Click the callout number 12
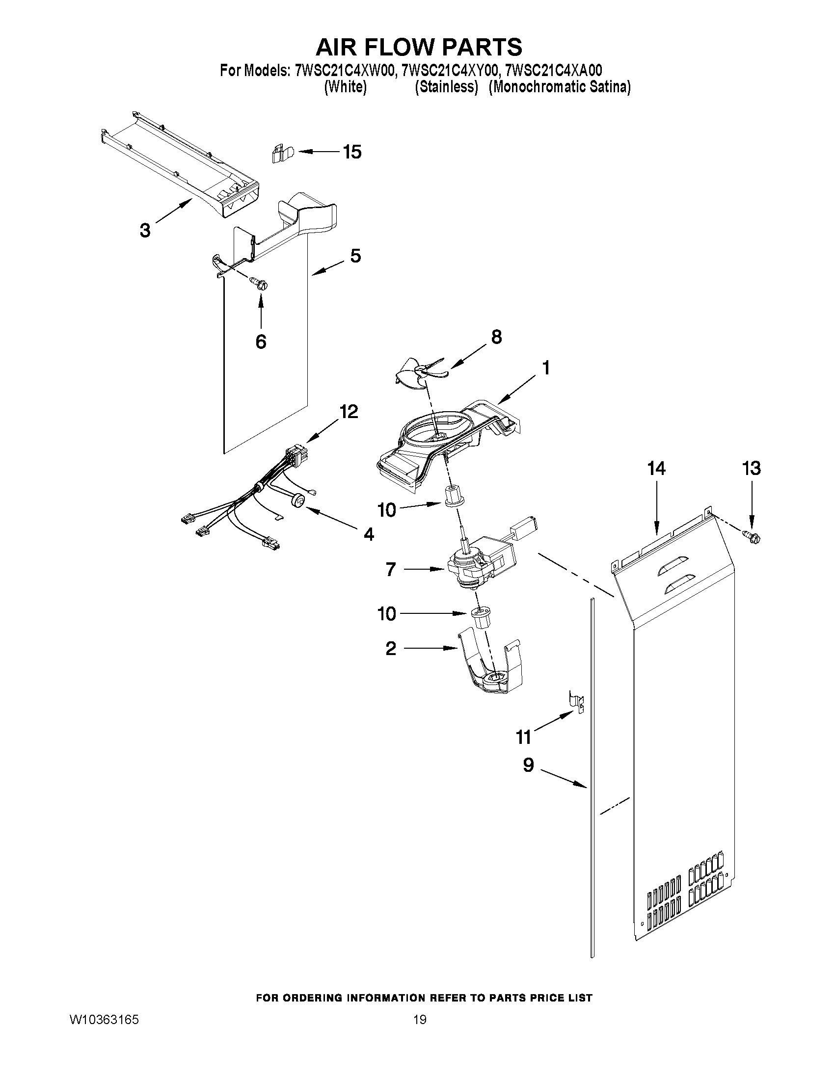348,411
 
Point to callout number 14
656,468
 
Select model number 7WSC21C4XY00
448,71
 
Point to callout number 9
528,765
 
